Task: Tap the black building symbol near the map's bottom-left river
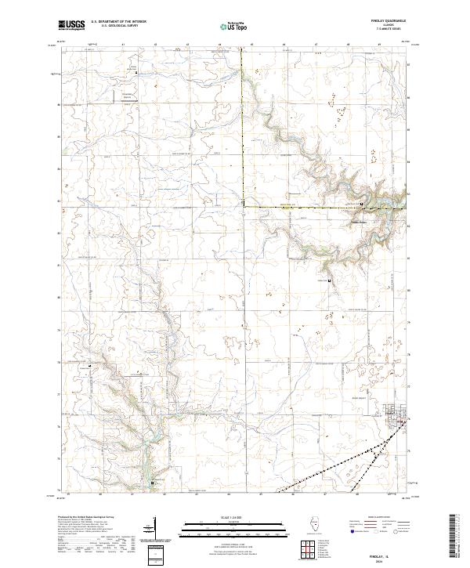154,483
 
